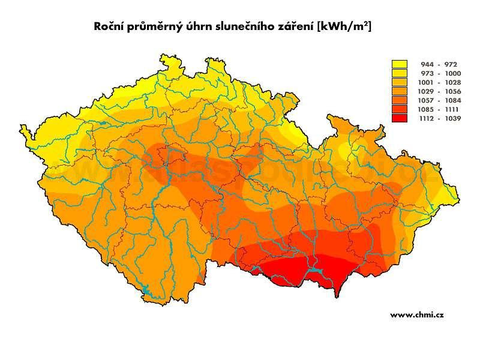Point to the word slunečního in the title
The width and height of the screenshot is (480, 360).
[244, 27]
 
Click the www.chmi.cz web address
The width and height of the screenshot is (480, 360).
[416, 314]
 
